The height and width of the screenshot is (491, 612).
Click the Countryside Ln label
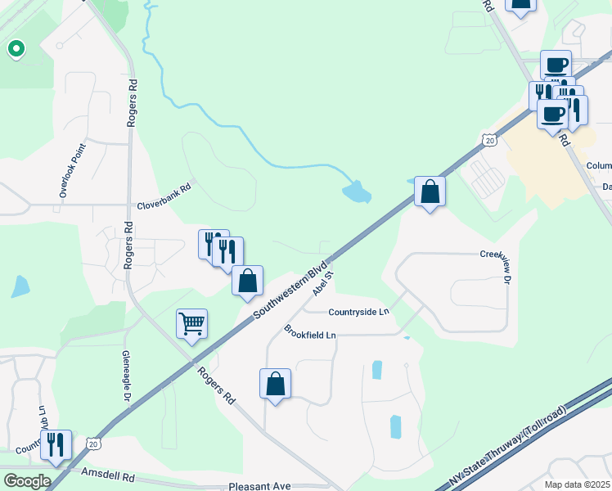click(358, 312)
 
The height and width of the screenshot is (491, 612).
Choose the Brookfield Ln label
click(310, 335)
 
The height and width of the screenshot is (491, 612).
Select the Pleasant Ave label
click(259, 486)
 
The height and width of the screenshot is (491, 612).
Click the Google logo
click(27, 481)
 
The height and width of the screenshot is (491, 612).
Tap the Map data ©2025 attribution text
click(578, 484)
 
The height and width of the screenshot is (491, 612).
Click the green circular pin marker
click(16, 50)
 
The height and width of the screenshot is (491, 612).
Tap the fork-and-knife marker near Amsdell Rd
click(56, 444)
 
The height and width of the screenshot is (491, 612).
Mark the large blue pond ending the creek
click(356, 193)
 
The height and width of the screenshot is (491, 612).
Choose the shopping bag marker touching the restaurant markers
click(247, 281)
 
